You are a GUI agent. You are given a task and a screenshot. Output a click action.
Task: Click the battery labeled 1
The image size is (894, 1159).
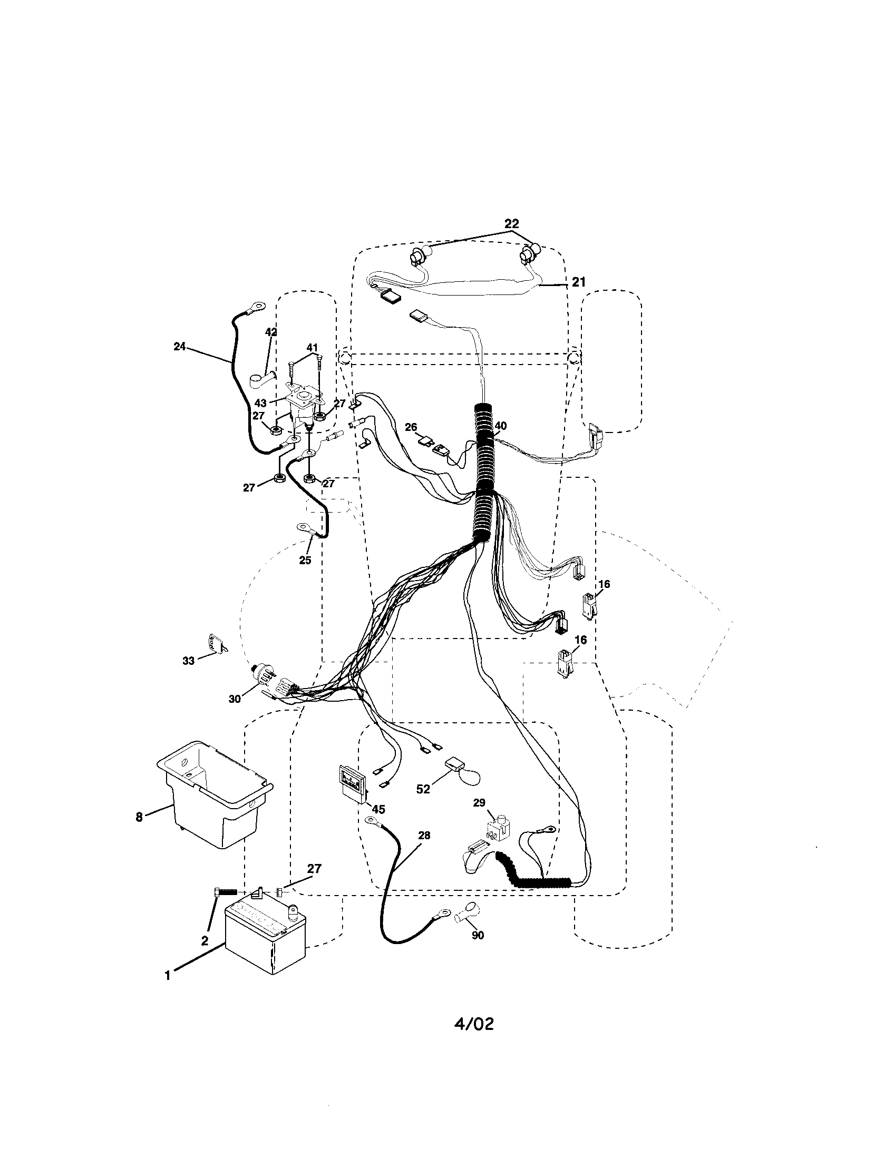[265, 938]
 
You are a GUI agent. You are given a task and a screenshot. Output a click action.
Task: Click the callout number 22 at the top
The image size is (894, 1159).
[511, 223]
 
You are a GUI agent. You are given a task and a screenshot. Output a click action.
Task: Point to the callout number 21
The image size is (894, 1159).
[578, 282]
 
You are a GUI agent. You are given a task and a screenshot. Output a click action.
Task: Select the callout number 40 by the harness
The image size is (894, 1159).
[500, 426]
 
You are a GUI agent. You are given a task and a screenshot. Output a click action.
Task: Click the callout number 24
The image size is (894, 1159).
[179, 346]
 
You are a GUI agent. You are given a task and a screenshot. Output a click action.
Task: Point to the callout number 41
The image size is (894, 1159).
[312, 348]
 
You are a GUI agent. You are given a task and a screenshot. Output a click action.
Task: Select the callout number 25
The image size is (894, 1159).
[305, 560]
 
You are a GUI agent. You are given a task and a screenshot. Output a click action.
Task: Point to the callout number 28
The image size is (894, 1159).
[424, 836]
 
